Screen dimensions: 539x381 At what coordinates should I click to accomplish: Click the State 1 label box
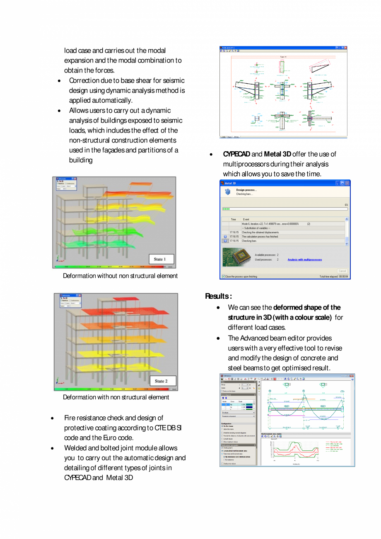pos(161,259)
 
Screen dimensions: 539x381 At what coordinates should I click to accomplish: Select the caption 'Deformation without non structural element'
pos(120,276)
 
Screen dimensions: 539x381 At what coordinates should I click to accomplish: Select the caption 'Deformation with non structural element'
pos(116,397)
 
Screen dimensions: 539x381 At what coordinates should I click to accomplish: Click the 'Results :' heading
pos(218,296)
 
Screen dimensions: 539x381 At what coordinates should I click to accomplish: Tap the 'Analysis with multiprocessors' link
pos(304,260)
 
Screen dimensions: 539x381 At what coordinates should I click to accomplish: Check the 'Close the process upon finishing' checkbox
pos(224,276)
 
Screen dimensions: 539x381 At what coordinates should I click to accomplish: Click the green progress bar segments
pos(226,209)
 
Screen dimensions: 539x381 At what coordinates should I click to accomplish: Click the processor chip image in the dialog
pos(236,257)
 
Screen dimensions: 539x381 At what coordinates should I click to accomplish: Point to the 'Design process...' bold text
pos(246,190)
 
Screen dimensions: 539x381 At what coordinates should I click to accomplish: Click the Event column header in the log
pos(246,219)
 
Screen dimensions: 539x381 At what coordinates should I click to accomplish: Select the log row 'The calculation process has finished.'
pos(260,237)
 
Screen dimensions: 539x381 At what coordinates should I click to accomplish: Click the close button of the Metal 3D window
pos(347,183)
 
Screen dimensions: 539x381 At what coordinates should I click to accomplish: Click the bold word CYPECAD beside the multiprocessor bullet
pos(236,154)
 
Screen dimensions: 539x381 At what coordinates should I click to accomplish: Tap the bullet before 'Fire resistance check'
pos(52,418)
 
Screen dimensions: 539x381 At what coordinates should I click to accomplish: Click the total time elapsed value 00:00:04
pos(343,276)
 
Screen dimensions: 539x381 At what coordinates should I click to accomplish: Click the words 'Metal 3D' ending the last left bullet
pos(120,478)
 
